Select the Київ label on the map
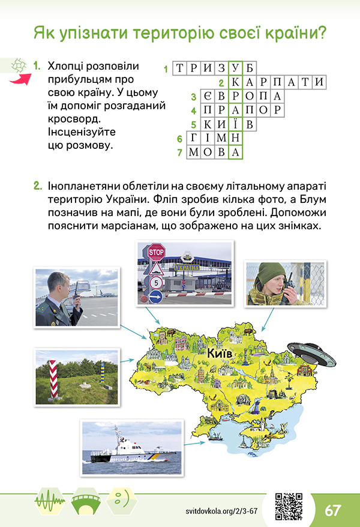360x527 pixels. coord(220,354)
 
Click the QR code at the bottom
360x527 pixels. coord(288,505)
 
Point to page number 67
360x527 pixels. coord(333,511)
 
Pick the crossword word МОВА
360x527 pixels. coord(214,152)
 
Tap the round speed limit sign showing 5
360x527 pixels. coord(156,282)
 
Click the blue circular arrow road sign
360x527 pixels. coord(156,296)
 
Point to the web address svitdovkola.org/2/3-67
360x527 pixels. coord(221,511)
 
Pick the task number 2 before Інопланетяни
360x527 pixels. coord(37,187)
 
